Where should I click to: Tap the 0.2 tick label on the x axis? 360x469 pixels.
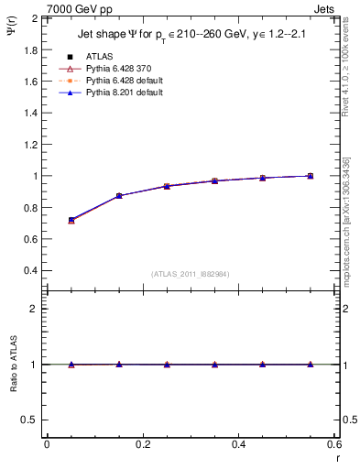(143, 445)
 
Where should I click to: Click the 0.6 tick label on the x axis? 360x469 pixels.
(334, 445)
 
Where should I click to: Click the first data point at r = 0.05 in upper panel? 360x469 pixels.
(71, 220)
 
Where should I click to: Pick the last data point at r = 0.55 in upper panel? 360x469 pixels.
(311, 176)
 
